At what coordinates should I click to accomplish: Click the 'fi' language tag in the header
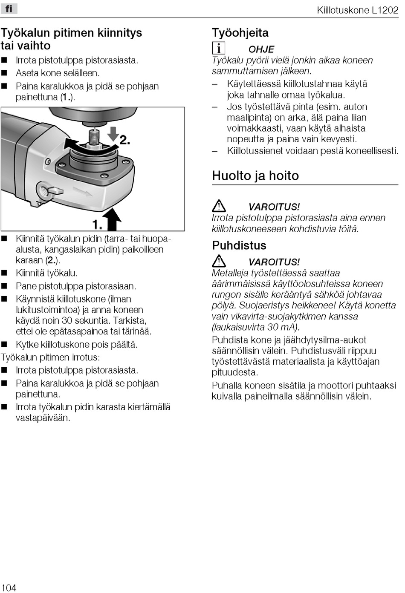click(x=9, y=9)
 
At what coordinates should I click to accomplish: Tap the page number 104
click(x=9, y=587)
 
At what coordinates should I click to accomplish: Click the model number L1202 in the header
click(x=385, y=10)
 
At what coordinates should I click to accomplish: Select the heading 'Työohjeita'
click(x=240, y=33)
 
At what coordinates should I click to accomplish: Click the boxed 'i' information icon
click(x=218, y=48)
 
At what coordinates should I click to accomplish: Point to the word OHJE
click(x=261, y=49)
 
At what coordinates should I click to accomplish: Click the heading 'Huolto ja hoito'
click(x=255, y=176)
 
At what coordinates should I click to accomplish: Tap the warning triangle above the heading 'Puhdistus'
click(x=219, y=206)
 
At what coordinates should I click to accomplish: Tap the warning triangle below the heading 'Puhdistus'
click(x=219, y=261)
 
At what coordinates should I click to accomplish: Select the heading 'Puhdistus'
click(x=239, y=245)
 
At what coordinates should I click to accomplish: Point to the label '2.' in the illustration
click(x=124, y=139)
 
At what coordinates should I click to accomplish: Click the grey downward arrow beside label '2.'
click(x=113, y=134)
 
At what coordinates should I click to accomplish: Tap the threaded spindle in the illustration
click(x=94, y=138)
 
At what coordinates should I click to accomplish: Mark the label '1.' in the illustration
click(x=97, y=224)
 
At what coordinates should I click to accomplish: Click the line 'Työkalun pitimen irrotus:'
click(x=50, y=357)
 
